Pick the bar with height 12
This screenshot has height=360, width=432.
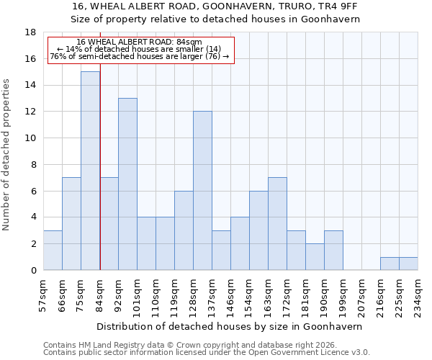[202, 191]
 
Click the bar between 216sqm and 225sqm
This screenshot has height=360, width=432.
[390, 264]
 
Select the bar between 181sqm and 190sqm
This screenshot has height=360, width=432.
[315, 257]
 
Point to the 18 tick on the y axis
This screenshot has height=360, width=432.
[31, 32]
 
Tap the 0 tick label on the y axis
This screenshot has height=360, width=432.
[33, 271]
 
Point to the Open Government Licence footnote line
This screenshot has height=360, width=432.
[207, 353]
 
